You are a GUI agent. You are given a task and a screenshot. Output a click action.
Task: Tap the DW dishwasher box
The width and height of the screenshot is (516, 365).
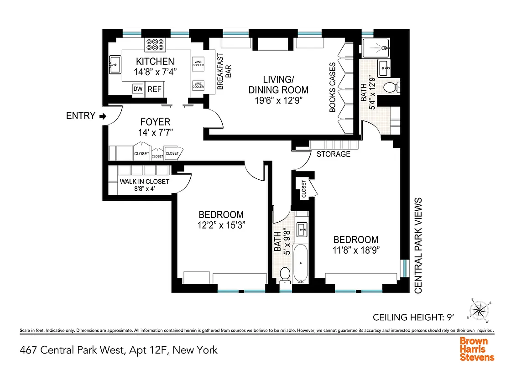138,89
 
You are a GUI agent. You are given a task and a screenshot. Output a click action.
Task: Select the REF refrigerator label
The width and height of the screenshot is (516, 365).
154,89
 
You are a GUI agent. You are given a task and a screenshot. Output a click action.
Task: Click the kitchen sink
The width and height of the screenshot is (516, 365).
115,64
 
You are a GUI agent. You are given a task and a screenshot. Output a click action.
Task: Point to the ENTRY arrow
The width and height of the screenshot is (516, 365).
103,116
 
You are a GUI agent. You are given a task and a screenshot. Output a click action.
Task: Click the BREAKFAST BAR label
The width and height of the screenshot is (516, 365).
224,72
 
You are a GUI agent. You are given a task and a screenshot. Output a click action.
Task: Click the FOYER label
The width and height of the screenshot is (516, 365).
155,122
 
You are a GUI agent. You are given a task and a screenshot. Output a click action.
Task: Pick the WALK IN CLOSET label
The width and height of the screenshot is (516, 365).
144,182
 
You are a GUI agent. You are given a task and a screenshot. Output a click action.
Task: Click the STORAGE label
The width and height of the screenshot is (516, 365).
334,154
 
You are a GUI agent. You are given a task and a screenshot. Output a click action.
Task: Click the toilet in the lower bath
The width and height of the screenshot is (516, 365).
285,275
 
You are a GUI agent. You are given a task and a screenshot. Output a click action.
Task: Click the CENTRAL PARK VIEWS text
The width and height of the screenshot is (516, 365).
418,245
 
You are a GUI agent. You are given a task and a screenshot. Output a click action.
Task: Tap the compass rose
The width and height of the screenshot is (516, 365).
479,311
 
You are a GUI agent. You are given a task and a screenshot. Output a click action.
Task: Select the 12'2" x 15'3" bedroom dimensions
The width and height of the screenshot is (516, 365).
221,224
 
